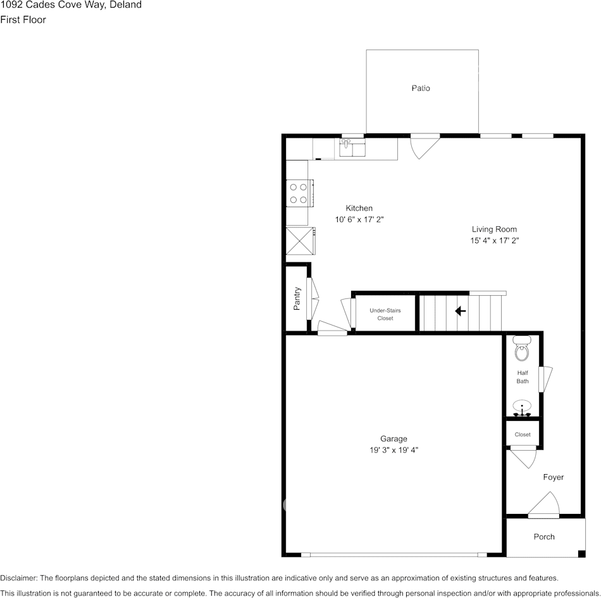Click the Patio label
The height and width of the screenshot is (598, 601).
tap(421, 88)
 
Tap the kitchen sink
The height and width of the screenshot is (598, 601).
tap(352, 147)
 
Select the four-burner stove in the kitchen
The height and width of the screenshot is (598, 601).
tap(300, 193)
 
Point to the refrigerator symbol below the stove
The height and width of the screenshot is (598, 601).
tap(300, 241)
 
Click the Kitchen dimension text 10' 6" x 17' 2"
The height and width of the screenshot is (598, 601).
tap(359, 219)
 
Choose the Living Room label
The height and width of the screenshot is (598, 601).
tap(494, 229)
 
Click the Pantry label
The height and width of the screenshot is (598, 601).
tap(297, 298)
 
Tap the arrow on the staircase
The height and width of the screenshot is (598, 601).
tap(461, 310)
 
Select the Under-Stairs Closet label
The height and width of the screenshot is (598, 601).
tap(385, 314)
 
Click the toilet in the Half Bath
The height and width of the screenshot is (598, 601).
tap(522, 348)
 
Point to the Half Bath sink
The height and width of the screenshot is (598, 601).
tap(522, 408)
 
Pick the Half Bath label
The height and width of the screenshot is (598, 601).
tap(523, 377)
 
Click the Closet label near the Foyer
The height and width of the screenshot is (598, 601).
tap(523, 434)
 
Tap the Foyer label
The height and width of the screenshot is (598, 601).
tap(554, 477)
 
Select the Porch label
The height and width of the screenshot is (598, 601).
tap(544, 537)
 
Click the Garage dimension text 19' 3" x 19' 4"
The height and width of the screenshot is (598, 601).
tap(393, 450)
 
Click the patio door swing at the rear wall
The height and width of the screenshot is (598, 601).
tap(425, 146)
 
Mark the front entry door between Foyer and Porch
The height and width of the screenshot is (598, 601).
tap(543, 505)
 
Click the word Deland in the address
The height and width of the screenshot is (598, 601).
tap(126, 5)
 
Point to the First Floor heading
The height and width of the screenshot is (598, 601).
tap(23, 20)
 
